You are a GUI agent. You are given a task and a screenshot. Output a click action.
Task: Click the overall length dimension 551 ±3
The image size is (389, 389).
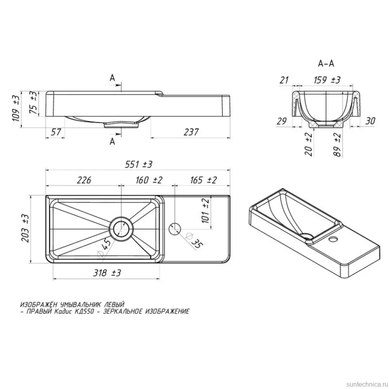point(139,164)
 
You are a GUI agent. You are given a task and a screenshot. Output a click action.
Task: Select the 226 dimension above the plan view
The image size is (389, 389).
point(84,180)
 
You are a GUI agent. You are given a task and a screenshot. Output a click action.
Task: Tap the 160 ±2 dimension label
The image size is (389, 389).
point(149,180)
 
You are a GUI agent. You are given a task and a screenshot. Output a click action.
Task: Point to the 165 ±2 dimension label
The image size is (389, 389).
point(203,180)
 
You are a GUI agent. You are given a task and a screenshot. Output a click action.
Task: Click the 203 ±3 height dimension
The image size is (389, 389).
point(25,228)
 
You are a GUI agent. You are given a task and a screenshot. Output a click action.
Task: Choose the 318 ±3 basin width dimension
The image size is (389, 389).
point(107,273)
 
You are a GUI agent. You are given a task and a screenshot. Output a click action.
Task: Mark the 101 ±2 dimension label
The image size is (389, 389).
point(206,211)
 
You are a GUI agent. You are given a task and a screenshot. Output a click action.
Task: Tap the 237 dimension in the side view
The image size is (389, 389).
point(191,132)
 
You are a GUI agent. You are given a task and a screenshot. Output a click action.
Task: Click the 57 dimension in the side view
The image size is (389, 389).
point(56,132)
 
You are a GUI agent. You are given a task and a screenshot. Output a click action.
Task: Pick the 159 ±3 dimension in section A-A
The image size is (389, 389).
point(327,80)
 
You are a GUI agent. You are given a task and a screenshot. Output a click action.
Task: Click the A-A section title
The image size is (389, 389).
point(326,63)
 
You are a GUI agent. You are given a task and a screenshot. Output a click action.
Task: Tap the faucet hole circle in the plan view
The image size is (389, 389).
point(175,229)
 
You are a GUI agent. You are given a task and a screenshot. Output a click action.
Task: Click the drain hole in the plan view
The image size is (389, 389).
point(122,229)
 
